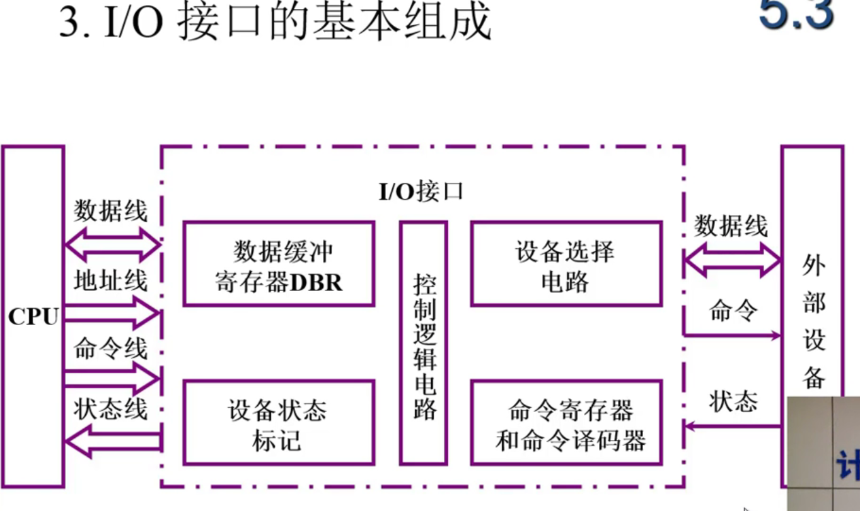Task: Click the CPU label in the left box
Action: tap(32, 317)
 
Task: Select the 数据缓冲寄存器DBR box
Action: tap(279, 264)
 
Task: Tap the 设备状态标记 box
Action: tap(279, 423)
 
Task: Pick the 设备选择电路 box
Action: tap(566, 264)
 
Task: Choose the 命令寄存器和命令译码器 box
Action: tap(566, 423)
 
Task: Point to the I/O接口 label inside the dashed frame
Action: tap(421, 190)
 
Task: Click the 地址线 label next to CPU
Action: tap(110, 279)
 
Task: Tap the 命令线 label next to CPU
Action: tap(110, 348)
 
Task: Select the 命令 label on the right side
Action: tap(733, 311)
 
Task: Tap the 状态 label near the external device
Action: tap(733, 401)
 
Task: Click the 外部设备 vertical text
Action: tap(813, 321)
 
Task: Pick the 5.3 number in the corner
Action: tap(797, 14)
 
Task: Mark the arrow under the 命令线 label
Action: tap(112, 379)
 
